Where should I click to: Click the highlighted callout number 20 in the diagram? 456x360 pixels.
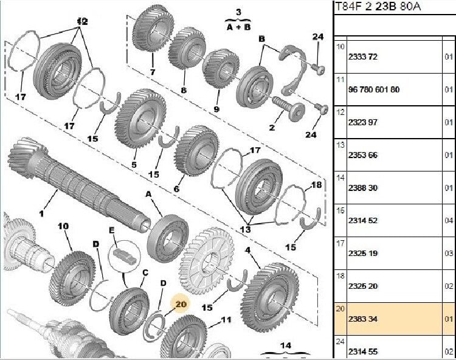click(181, 302)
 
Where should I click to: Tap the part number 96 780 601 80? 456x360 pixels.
click(373, 89)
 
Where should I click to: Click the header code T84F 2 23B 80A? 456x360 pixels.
click(377, 7)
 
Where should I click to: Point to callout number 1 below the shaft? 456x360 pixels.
click(42, 213)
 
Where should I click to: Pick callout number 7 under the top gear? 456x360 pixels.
click(153, 72)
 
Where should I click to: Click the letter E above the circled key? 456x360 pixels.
click(111, 230)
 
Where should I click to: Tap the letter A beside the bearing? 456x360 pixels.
click(148, 194)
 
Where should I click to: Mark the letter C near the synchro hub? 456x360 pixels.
click(145, 273)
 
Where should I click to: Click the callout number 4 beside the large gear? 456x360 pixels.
click(247, 250)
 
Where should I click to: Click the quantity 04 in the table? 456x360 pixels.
click(448, 220)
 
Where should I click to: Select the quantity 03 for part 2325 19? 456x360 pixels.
click(448, 253)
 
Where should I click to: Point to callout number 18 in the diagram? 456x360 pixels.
click(316, 184)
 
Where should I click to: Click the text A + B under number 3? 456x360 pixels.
click(238, 26)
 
